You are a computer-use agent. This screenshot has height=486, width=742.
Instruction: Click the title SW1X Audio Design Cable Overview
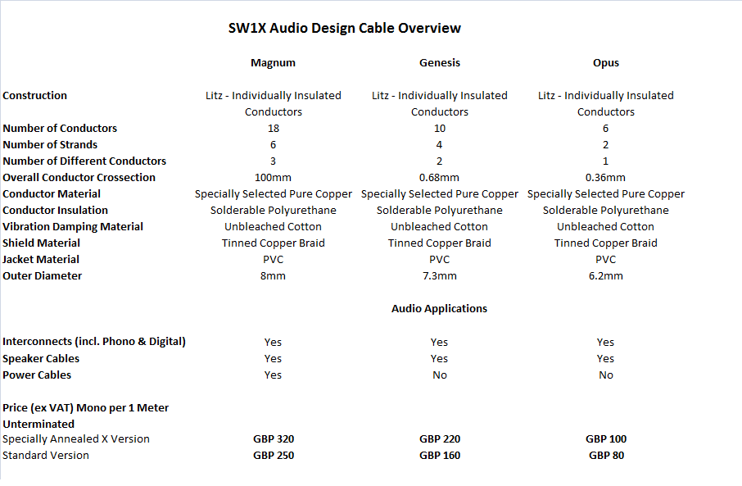(344, 29)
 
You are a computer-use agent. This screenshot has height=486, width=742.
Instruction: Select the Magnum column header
(273, 63)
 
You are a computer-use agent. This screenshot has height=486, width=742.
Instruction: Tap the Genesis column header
(440, 63)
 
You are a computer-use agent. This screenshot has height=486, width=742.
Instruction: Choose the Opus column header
(606, 63)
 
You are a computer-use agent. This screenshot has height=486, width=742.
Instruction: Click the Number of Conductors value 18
(274, 129)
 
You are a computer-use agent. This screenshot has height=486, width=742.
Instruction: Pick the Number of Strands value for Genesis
(440, 145)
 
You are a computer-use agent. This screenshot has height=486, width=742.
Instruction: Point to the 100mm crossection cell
(274, 178)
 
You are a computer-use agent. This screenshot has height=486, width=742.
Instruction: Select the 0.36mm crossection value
(606, 178)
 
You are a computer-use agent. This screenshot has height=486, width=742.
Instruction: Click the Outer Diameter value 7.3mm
(440, 276)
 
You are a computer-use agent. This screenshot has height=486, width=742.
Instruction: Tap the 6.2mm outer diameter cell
(606, 276)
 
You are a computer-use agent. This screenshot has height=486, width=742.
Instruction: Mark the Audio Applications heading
(439, 309)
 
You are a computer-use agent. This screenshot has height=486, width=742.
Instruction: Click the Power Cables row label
(37, 375)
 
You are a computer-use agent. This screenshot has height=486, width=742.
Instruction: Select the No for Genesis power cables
(440, 375)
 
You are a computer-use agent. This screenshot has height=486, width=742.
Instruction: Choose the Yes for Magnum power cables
(274, 375)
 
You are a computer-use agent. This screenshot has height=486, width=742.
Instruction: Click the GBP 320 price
(274, 439)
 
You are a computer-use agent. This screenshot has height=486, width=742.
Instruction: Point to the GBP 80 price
(606, 456)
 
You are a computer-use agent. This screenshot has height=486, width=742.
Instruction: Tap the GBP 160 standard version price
(440, 456)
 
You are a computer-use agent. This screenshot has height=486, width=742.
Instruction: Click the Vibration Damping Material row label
(73, 227)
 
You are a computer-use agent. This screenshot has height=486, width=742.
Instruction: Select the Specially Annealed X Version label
(76, 439)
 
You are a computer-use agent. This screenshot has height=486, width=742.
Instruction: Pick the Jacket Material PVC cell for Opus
(606, 260)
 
